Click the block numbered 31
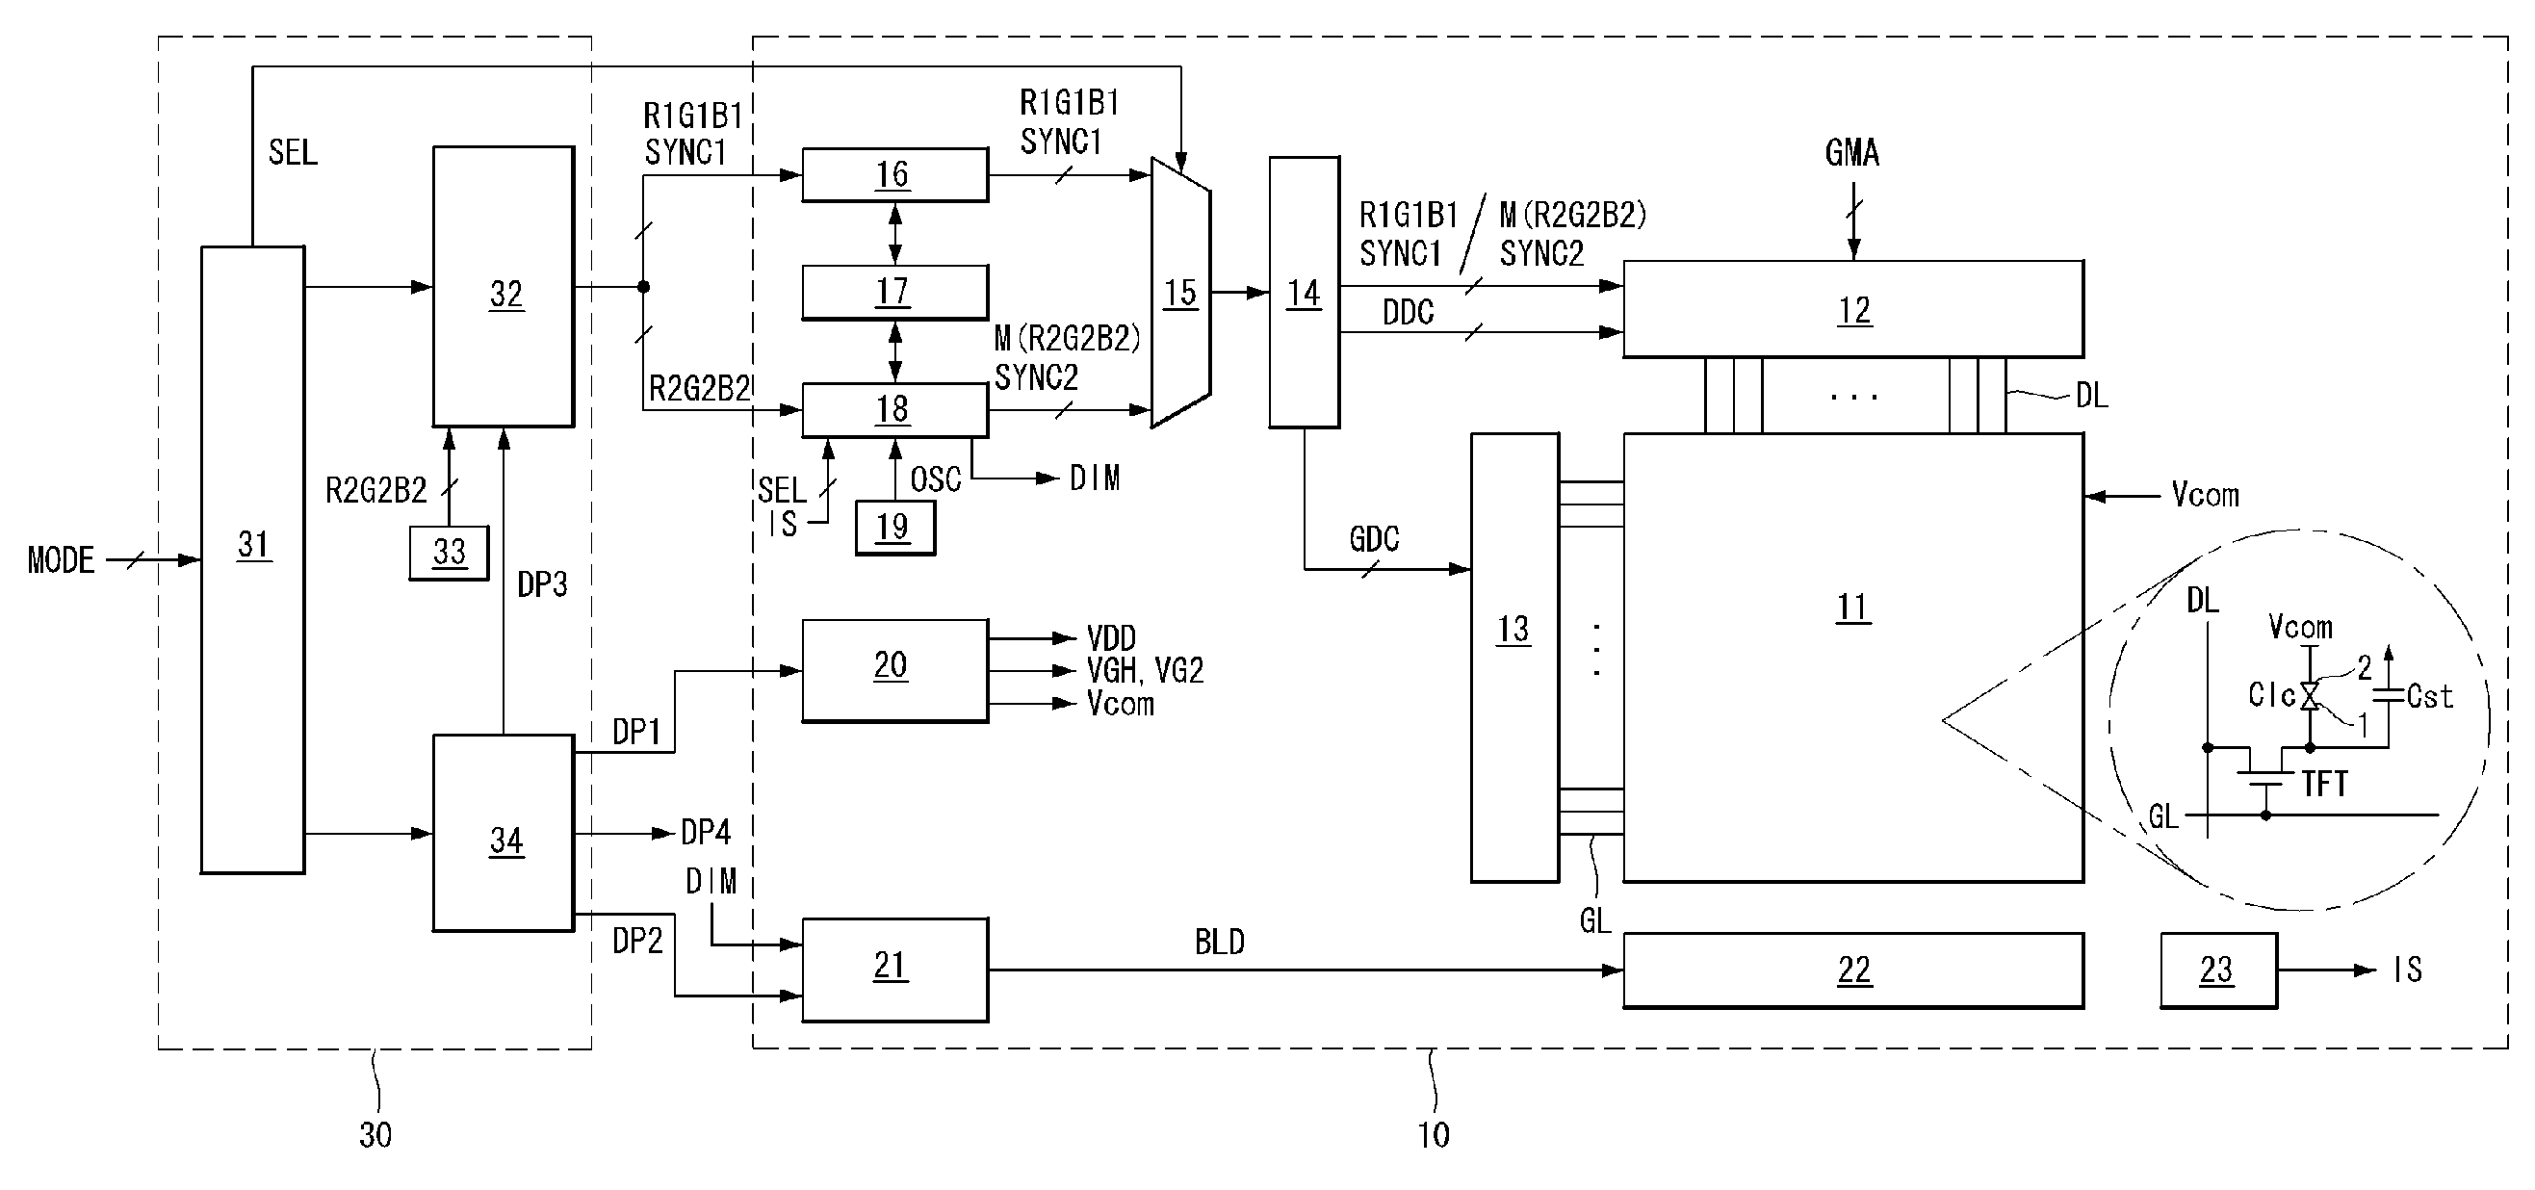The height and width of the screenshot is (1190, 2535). (253, 559)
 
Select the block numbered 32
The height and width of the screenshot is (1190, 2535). (504, 286)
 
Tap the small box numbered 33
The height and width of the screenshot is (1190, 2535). (449, 553)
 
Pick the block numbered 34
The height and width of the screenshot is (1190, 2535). (504, 833)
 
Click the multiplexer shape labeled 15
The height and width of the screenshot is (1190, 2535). (1181, 293)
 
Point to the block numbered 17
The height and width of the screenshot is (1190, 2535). (894, 293)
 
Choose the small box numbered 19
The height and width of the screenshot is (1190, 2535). (894, 528)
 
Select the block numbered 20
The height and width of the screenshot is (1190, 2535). (894, 670)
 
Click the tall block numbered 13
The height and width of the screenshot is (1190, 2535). (1514, 657)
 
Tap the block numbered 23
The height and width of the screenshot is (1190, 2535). (2218, 970)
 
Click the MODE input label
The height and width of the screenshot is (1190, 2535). (61, 560)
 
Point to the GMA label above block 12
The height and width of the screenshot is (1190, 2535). (1852, 152)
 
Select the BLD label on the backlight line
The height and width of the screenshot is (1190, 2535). (1219, 942)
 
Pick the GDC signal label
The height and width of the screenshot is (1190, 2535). (1374, 538)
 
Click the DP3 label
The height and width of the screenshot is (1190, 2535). (542, 584)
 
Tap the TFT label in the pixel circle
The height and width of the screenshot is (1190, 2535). (2324, 784)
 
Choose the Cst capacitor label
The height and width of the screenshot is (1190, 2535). (2430, 697)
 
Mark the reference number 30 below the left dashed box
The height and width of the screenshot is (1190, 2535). (375, 1135)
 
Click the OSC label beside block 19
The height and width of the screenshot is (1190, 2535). (935, 479)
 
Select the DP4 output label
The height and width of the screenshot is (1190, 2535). (706, 833)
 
